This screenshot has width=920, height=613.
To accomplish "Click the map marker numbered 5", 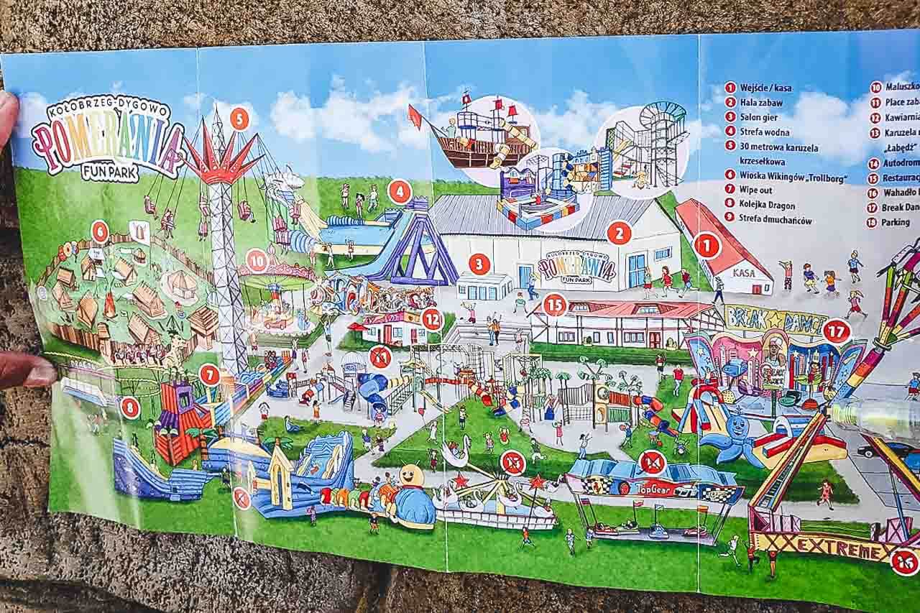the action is pyautogui.click(x=239, y=119).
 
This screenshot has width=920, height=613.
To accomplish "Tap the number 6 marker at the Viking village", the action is pyautogui.click(x=100, y=231).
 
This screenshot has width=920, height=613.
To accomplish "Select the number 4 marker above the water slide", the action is pyautogui.click(x=400, y=191).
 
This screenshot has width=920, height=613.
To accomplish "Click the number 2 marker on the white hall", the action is pyautogui.click(x=619, y=232).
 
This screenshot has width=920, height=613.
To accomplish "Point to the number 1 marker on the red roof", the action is pyautogui.click(x=707, y=245).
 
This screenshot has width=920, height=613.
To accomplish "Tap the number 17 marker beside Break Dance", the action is pyautogui.click(x=837, y=331).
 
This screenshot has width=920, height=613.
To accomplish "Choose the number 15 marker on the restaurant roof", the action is pyautogui.click(x=554, y=305).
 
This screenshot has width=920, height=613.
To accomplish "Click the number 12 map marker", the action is pyautogui.click(x=432, y=318).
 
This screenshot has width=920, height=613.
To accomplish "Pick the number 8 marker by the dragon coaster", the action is pyautogui.click(x=130, y=407).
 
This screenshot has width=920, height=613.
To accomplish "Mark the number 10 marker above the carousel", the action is pyautogui.click(x=257, y=260).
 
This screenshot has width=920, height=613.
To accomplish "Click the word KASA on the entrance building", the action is pyautogui.click(x=744, y=274).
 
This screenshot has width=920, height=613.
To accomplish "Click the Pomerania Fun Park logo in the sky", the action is pyautogui.click(x=108, y=139).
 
